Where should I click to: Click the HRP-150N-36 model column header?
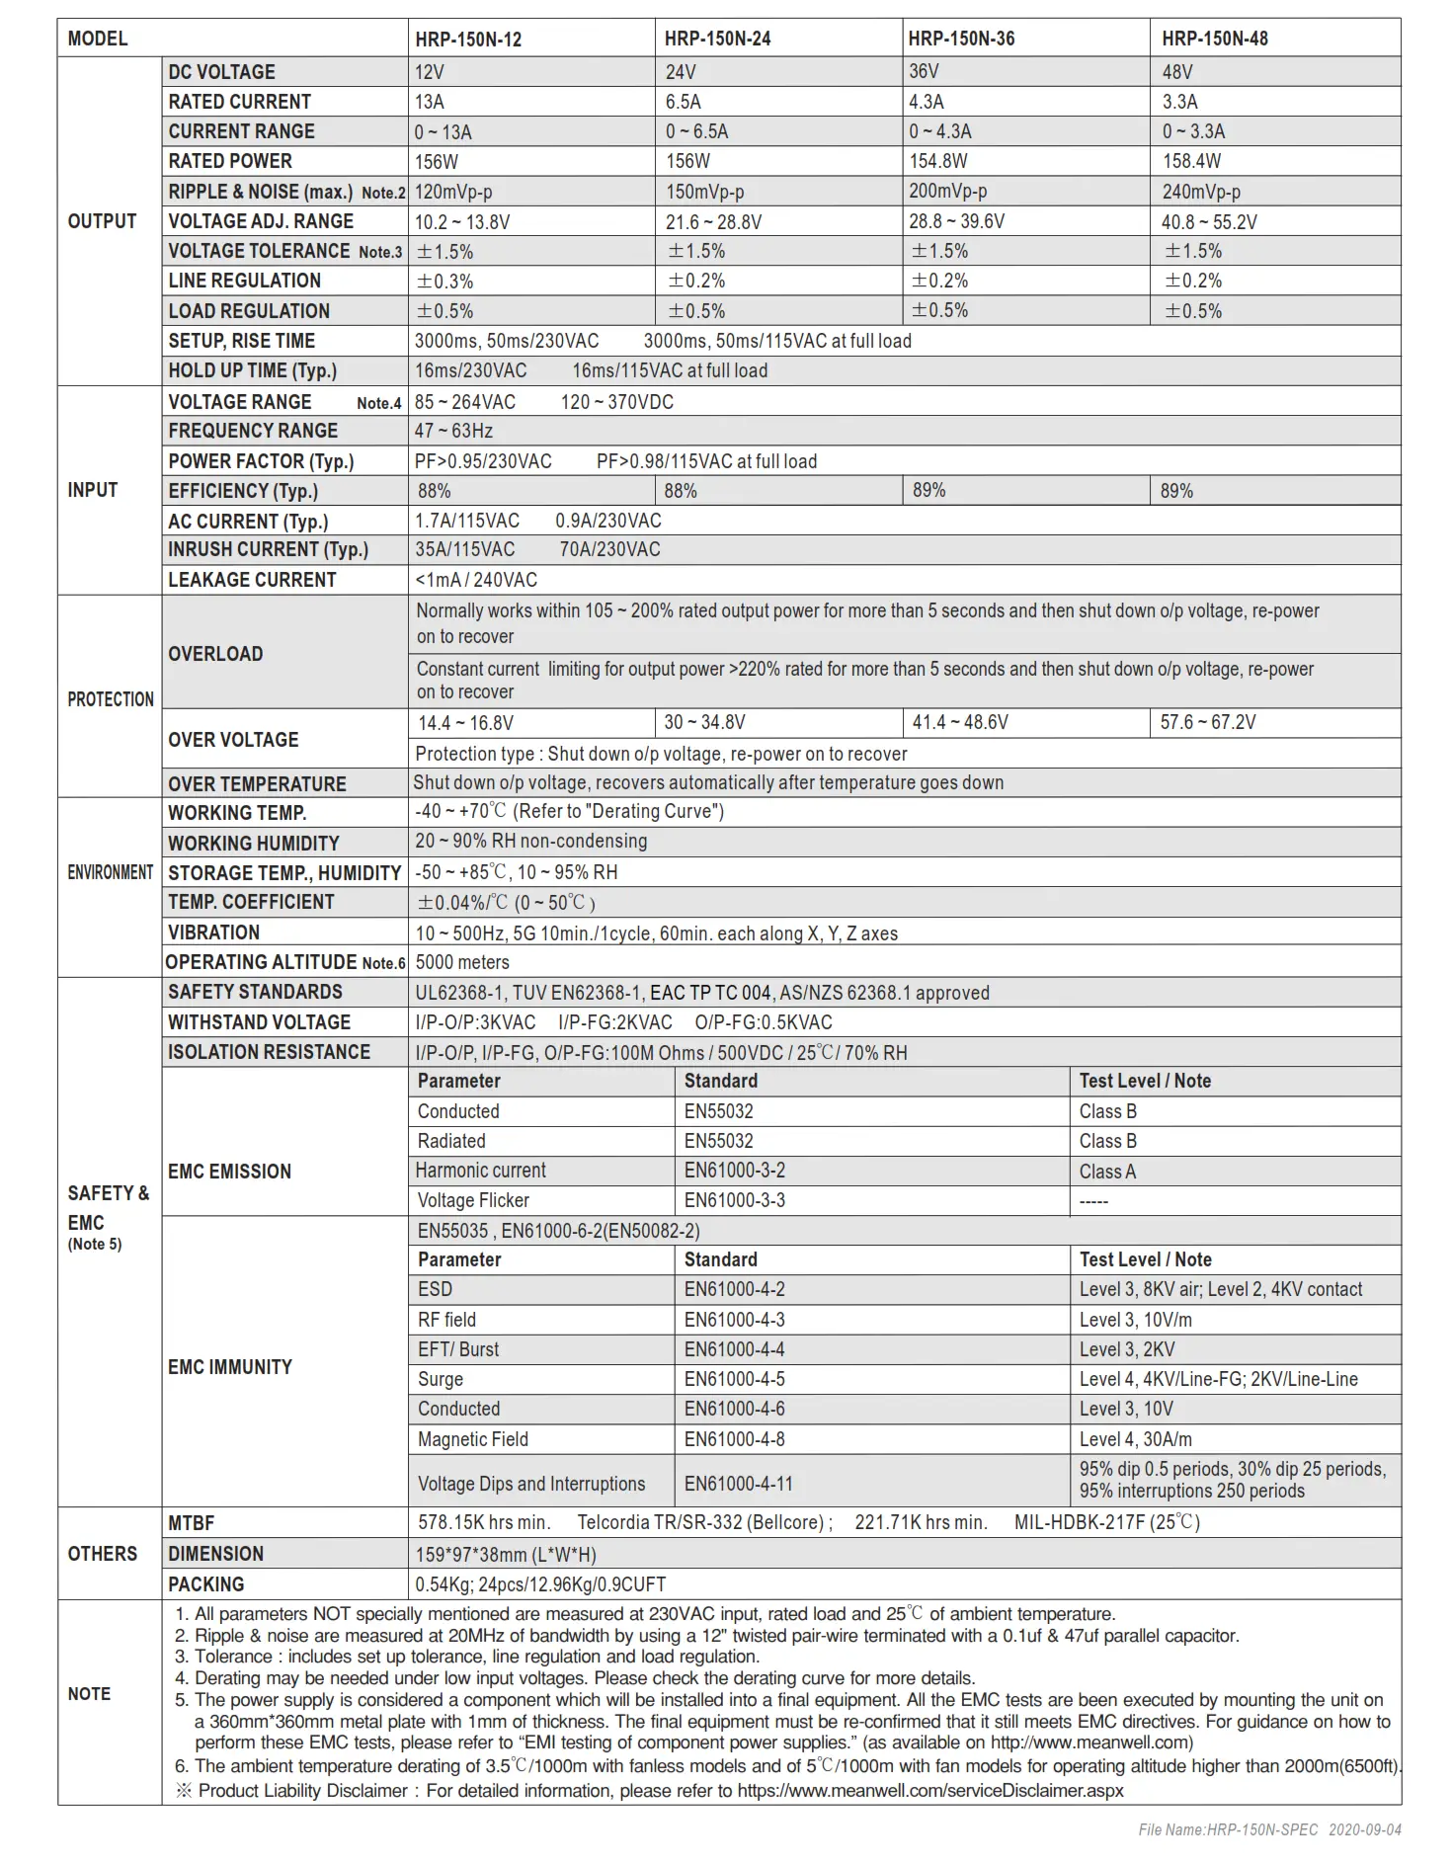(x=961, y=39)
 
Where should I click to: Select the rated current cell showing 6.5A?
(x=684, y=102)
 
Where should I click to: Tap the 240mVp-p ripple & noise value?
(x=1201, y=192)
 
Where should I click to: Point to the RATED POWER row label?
(x=230, y=161)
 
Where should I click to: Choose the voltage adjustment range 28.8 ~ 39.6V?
(x=956, y=221)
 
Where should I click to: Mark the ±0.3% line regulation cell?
(x=444, y=282)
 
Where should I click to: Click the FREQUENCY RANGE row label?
(x=253, y=431)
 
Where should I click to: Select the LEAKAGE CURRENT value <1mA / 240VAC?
(x=476, y=580)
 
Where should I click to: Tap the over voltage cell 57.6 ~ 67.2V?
(x=1208, y=722)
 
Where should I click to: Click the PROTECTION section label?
(x=111, y=699)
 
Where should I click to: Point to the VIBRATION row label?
(x=213, y=932)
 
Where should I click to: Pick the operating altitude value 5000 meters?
(x=462, y=962)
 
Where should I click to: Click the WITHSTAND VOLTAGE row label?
(x=259, y=1022)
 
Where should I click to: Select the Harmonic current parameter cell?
(x=481, y=1171)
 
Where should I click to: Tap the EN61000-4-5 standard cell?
(x=734, y=1379)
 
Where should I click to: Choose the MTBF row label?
(x=191, y=1523)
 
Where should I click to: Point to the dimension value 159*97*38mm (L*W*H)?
(x=506, y=1554)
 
